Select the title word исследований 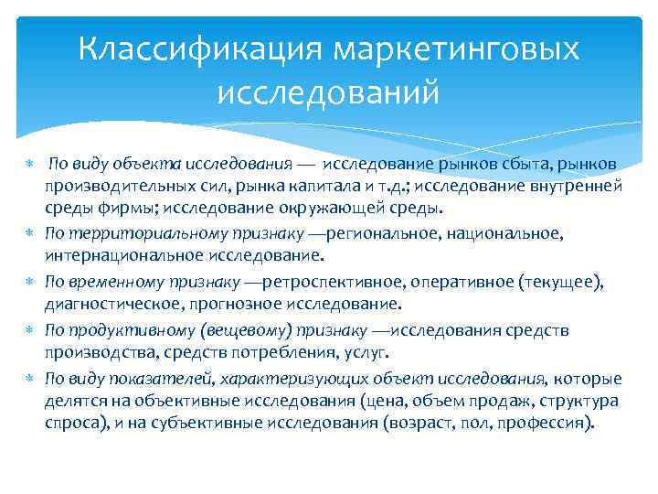tap(329, 91)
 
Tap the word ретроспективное tap(339, 282)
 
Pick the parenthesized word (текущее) tap(563, 282)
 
